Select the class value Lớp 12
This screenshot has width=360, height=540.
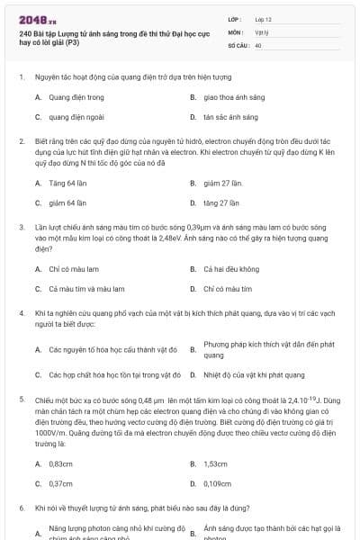click(263, 19)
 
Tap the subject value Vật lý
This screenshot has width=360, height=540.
click(261, 31)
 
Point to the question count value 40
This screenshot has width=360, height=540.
click(258, 44)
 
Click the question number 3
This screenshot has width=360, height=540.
click(22, 229)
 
